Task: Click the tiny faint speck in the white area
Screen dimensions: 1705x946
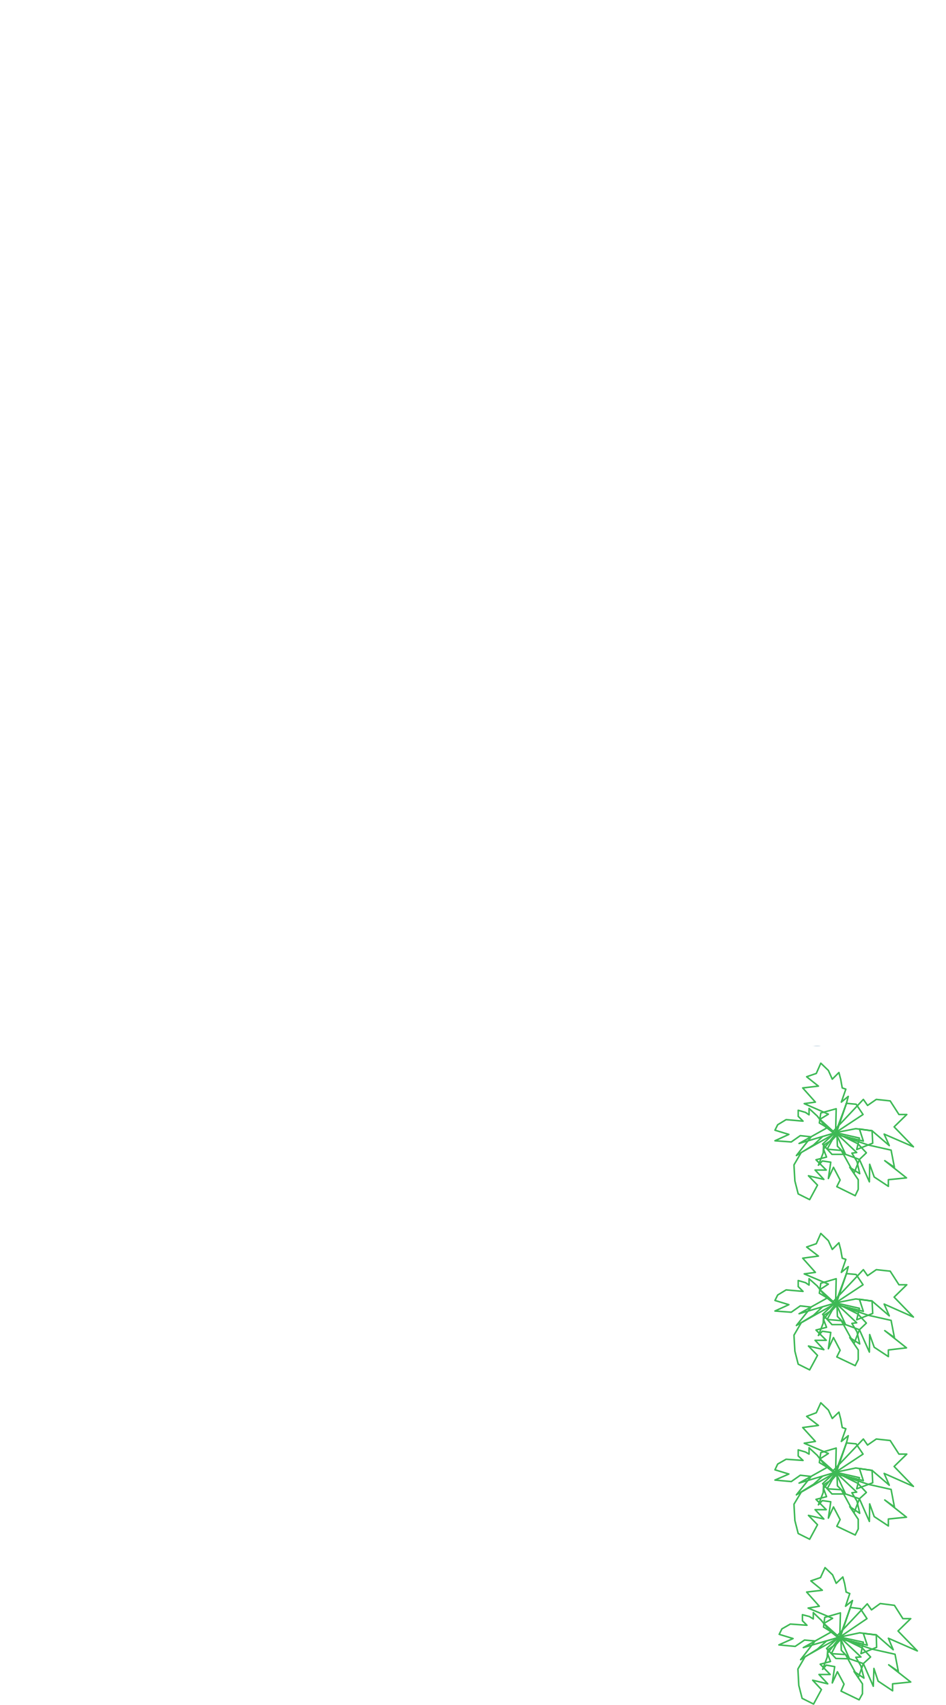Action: [x=235, y=213]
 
